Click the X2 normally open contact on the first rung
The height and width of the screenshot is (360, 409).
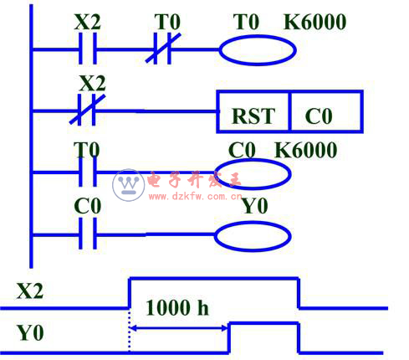pos(88,49)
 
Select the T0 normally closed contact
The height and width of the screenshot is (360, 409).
pos(163,49)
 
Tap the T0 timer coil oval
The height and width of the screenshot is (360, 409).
pos(258,50)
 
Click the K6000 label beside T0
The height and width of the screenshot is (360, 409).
pos(314,22)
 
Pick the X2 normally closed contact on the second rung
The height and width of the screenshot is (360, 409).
pos(87,110)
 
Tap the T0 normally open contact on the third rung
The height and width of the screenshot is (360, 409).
pos(88,172)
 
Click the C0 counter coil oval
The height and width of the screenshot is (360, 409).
pos(253,174)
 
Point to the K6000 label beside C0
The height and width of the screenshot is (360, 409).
pos(306,150)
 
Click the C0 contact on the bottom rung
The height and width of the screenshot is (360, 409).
pos(88,234)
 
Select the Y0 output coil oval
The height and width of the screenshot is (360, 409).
pos(253,237)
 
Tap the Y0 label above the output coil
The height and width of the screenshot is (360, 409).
pos(255,206)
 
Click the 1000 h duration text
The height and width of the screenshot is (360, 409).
pos(177,307)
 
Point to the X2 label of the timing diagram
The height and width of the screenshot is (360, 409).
pos(30,291)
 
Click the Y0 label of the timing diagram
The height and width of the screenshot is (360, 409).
pos(30,332)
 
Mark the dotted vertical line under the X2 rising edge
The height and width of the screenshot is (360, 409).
pos(130,331)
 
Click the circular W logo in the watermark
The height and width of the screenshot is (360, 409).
pos(128,185)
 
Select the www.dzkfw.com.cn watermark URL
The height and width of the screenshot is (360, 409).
pos(195,197)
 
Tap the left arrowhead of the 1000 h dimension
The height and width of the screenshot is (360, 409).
pos(133,328)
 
